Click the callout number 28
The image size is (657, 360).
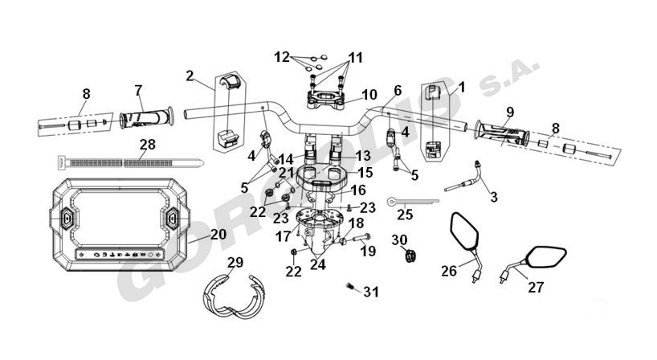coord(148,145)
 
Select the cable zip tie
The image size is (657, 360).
coord(130,162)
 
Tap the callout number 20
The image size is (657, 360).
coord(218,235)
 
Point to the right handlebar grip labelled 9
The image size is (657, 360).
coord(502,133)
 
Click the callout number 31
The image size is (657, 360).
coord(371,292)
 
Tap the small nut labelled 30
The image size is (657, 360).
coord(410,256)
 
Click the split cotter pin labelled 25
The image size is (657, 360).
coord(413,202)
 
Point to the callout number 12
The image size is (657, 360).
coord(282,57)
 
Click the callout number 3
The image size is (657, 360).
coord(494,197)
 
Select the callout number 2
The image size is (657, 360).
coord(190,76)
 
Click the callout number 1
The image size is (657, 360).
coord(462,87)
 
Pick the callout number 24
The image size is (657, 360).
coord(317,265)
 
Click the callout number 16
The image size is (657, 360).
coord(358,190)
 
